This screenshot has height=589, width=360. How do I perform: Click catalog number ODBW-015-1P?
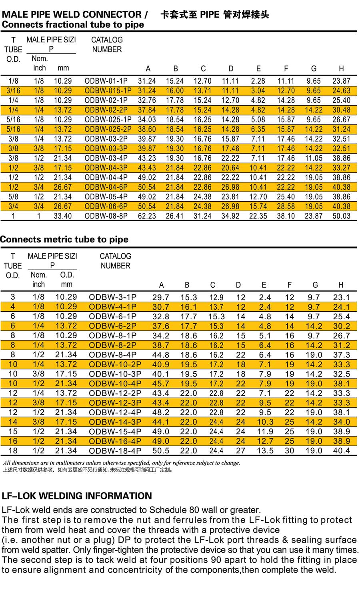(x=108, y=91)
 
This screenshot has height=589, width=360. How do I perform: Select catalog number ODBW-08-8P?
(x=106, y=216)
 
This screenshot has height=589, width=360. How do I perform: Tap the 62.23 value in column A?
(x=147, y=216)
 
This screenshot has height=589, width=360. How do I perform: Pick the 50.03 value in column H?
(x=341, y=216)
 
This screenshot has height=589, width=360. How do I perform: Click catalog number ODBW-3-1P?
(x=113, y=297)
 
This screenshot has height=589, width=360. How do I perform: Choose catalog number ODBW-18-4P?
(x=115, y=451)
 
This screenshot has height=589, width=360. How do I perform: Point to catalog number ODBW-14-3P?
(x=115, y=422)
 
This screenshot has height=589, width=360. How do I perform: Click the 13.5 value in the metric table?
(x=265, y=451)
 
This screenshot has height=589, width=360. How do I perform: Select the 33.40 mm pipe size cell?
(x=63, y=216)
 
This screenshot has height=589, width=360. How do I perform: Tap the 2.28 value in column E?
(x=258, y=81)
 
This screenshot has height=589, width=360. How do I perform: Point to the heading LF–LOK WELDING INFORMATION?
(x=77, y=496)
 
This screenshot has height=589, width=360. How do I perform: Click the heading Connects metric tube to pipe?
(x=64, y=240)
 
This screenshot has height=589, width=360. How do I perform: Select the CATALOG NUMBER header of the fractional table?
(x=107, y=45)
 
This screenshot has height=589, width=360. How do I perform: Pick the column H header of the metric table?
(x=341, y=285)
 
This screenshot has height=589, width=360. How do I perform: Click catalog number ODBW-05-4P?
(x=106, y=197)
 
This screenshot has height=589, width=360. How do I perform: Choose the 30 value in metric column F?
(x=290, y=451)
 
